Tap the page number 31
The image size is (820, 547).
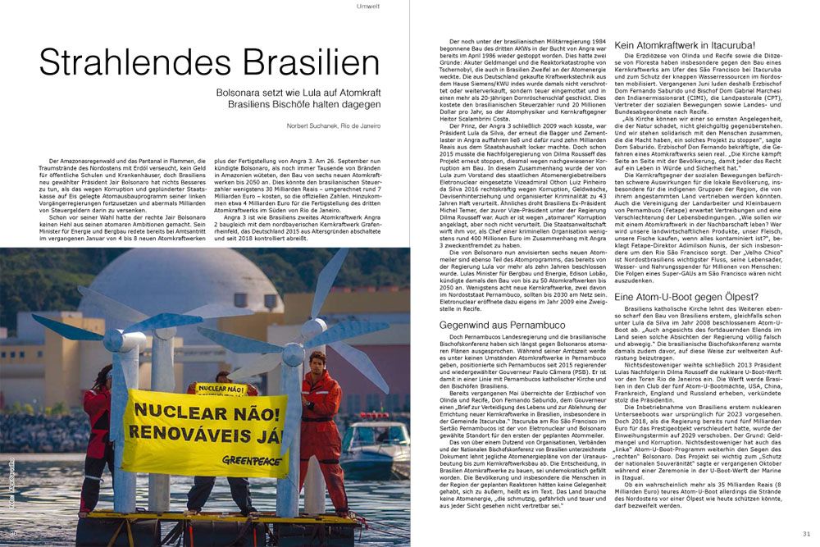pyautogui.click(x=806, y=535)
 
